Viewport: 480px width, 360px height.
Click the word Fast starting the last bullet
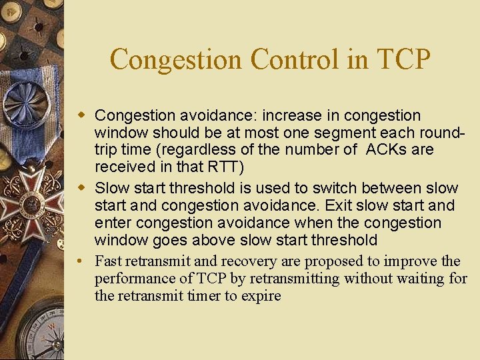point(109,261)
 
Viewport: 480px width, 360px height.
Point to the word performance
point(135,278)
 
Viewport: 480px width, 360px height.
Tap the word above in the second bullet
point(210,240)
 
